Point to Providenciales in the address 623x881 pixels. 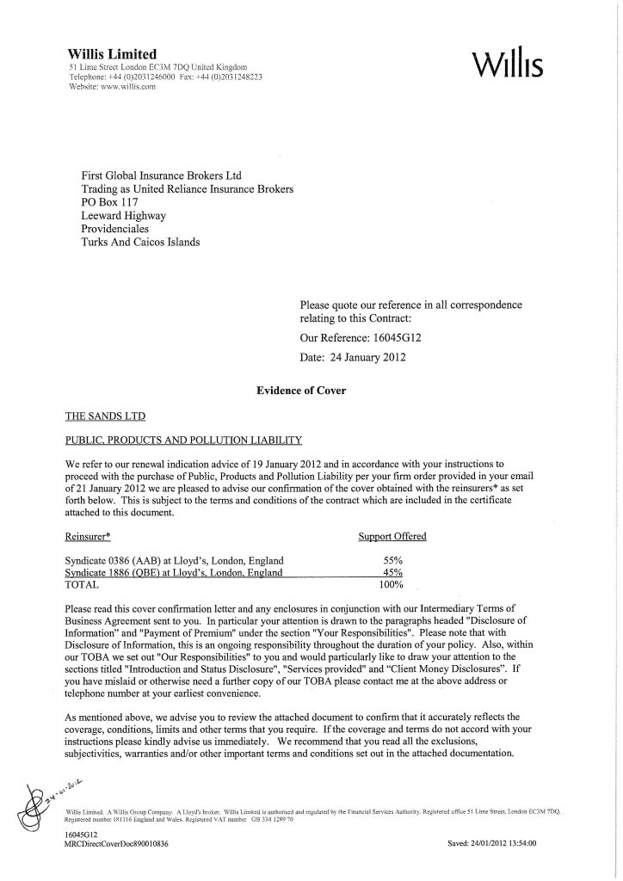pos(122,229)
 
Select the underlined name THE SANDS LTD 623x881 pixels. pos(106,416)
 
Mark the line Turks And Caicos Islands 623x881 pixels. pos(140,243)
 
